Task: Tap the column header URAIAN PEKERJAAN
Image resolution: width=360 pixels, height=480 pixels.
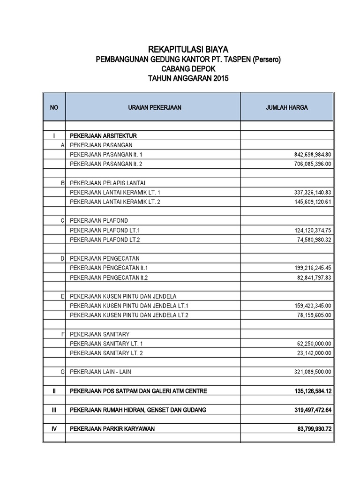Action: coord(154,107)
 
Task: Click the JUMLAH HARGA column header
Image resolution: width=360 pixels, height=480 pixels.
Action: coord(287,107)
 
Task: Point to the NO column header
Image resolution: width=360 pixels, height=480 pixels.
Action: coord(54,107)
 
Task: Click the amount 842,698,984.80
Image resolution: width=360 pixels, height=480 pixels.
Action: coord(310,155)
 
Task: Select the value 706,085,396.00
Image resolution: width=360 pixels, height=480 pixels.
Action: coord(310,164)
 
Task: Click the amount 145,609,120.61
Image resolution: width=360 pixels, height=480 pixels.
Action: coord(310,202)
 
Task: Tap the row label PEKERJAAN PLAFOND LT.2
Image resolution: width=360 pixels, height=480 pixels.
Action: coord(105,240)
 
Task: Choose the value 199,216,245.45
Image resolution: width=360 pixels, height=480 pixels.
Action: coord(310,268)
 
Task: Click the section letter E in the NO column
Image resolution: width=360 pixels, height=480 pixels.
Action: coord(62,297)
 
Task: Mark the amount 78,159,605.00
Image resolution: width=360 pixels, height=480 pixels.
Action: coord(311,315)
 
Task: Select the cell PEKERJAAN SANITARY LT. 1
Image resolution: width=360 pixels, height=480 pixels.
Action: coord(106,344)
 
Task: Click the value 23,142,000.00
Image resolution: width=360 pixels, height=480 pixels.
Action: coord(311,353)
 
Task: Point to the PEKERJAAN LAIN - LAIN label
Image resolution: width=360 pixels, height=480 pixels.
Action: coord(101,372)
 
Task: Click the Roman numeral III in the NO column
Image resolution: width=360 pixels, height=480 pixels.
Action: coord(54,410)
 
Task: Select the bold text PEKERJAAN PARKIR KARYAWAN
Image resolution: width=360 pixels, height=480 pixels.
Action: coord(112,429)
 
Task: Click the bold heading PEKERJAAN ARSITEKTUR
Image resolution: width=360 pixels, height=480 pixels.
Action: coord(103,136)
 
